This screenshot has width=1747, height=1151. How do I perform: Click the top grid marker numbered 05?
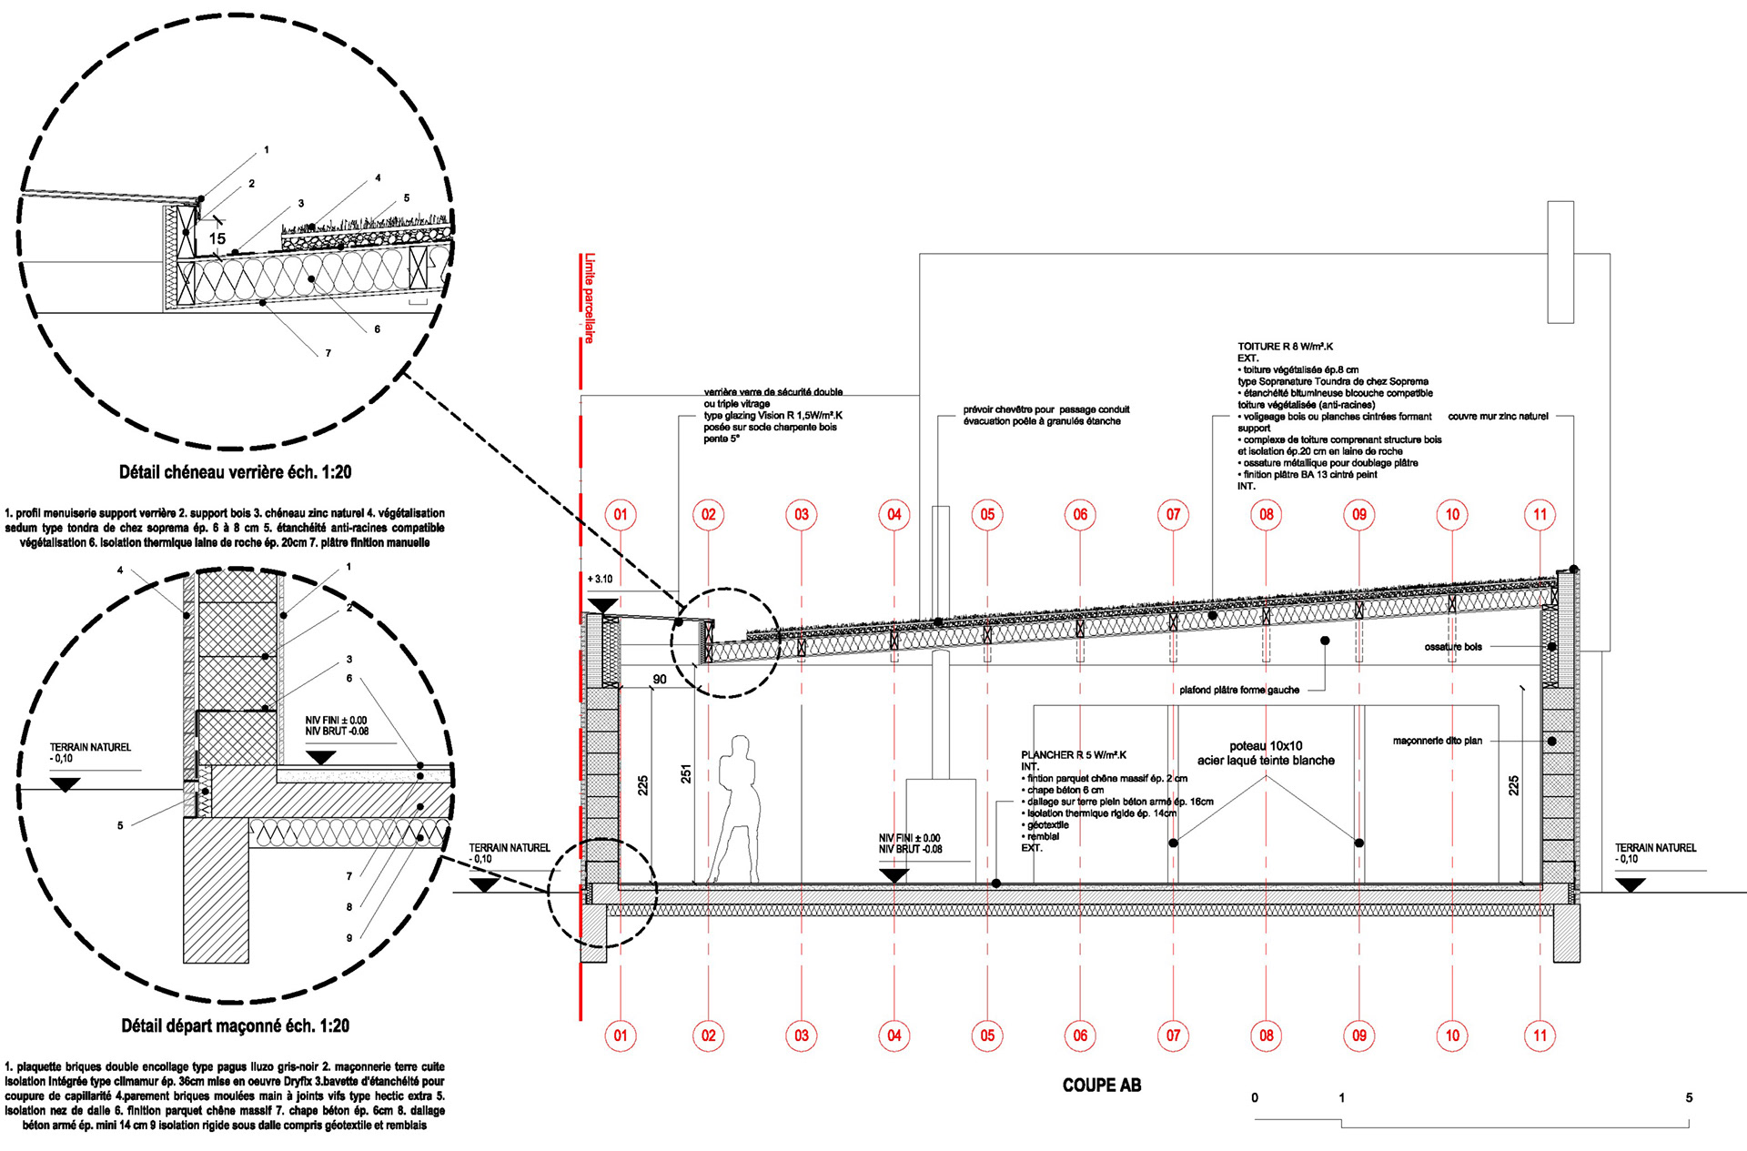click(987, 515)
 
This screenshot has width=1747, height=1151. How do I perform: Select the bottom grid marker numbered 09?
click(1359, 1035)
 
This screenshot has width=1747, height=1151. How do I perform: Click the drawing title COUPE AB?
click(1101, 1085)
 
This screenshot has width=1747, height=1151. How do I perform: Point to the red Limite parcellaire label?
click(590, 298)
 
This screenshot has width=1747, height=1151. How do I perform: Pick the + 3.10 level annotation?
click(600, 579)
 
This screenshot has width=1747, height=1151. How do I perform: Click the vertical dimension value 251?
click(686, 773)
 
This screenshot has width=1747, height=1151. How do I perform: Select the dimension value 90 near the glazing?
click(660, 680)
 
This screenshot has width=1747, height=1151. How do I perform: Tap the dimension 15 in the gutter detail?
click(217, 238)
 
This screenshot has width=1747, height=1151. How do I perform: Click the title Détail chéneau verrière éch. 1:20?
click(235, 472)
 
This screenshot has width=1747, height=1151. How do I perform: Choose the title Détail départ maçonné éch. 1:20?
click(235, 1026)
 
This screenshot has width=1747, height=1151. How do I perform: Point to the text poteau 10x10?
click(1266, 746)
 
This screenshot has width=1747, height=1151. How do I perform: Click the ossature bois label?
click(1453, 647)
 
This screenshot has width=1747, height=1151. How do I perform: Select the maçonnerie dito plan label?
click(1437, 741)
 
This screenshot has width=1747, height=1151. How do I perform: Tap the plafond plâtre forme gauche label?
click(1239, 690)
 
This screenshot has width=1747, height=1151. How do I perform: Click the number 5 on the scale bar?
click(1689, 1097)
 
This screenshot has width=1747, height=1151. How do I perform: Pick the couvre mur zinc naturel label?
click(1498, 417)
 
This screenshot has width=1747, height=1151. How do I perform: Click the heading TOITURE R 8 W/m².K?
click(1285, 347)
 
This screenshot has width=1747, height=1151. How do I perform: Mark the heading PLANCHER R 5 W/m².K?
click(1074, 755)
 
